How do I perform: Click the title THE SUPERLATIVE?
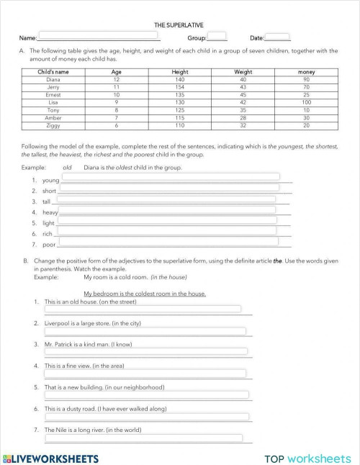coord(179,24)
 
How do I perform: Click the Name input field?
coord(98,37)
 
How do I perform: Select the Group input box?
coord(216,37)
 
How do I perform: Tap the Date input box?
coord(278,37)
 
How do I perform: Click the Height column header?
coord(180,72)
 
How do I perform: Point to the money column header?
coord(306,72)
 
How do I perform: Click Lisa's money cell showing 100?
coord(306,102)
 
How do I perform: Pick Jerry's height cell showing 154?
coord(180,87)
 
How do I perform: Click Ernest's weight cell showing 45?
coord(243,94)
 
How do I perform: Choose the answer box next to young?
coord(170,177)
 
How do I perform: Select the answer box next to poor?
coord(168,243)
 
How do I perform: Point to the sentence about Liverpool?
coord(92,323)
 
